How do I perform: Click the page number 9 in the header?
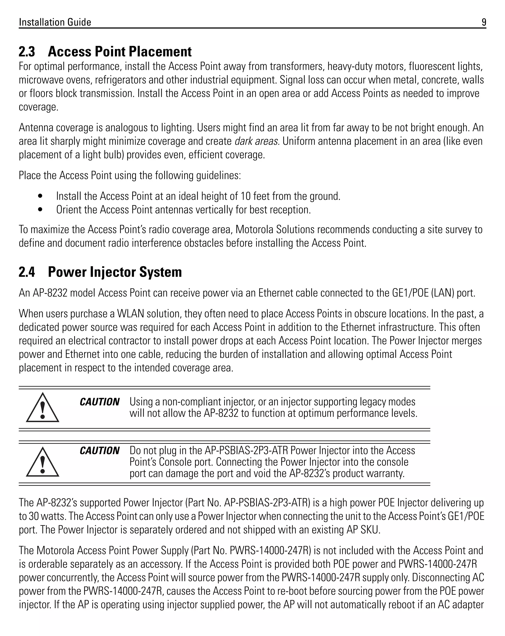coord(484,22)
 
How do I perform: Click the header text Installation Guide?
coord(55,22)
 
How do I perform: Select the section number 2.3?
coord(27,52)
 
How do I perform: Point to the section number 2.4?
coord(27,272)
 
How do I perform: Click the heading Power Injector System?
coord(115,272)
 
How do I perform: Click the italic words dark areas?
coord(257,141)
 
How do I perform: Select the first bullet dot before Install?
coord(40,196)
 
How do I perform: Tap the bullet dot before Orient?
coord(40,210)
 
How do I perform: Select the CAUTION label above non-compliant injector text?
coord(99,402)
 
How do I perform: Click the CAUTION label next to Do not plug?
coord(99,451)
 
